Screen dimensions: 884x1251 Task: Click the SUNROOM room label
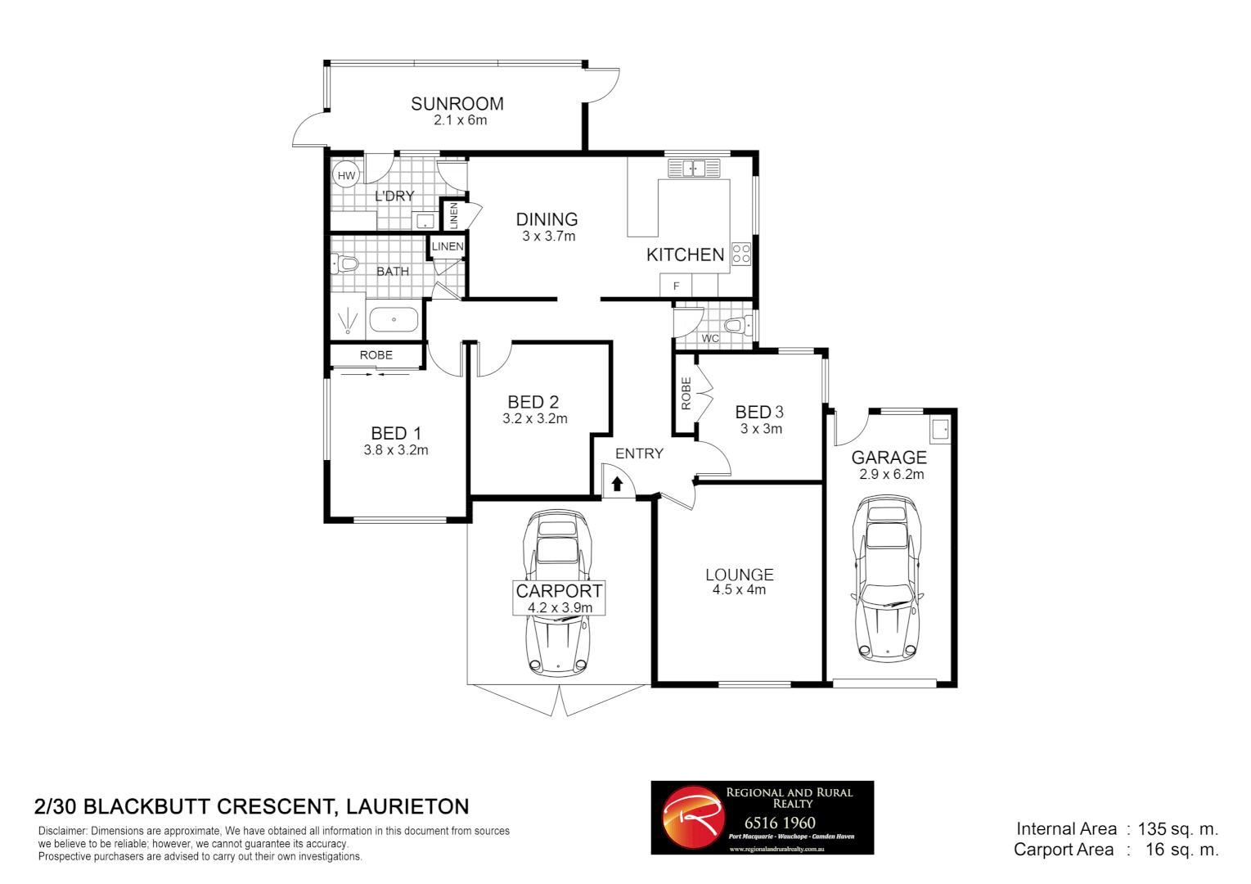(x=457, y=104)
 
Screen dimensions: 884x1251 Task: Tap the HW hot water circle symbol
(x=346, y=175)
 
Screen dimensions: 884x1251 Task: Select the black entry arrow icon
(x=617, y=484)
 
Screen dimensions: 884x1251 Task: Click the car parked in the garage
(x=888, y=578)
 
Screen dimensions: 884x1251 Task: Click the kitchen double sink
(x=694, y=169)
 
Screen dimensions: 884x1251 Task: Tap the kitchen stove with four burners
(x=740, y=254)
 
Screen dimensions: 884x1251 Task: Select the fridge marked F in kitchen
(x=676, y=286)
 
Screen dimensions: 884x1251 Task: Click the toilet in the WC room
(x=737, y=326)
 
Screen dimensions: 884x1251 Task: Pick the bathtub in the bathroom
(x=394, y=319)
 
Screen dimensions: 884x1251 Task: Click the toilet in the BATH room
(x=345, y=264)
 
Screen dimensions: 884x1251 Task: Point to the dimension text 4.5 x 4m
(x=739, y=590)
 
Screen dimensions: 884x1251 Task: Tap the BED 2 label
(x=533, y=402)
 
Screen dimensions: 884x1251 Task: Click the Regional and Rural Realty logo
(x=693, y=818)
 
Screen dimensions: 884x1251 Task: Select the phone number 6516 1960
(x=780, y=823)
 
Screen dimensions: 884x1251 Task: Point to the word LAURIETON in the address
(x=407, y=807)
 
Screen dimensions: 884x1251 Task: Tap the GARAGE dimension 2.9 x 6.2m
(x=891, y=475)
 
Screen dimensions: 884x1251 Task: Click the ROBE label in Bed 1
(x=376, y=355)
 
